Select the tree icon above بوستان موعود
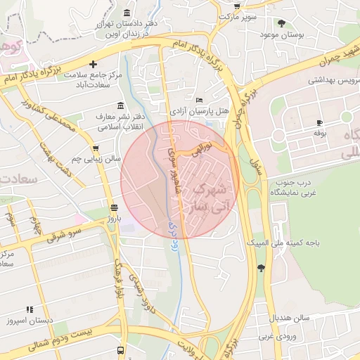tap(282, 23)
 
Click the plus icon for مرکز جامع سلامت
tap(93, 64)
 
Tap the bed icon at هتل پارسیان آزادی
tap(199, 101)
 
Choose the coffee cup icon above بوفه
tap(320, 122)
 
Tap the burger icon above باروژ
tap(114, 206)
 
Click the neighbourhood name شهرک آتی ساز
tap(209, 198)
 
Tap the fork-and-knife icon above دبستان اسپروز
tap(30, 309)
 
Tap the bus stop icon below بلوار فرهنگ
tap(121, 349)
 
